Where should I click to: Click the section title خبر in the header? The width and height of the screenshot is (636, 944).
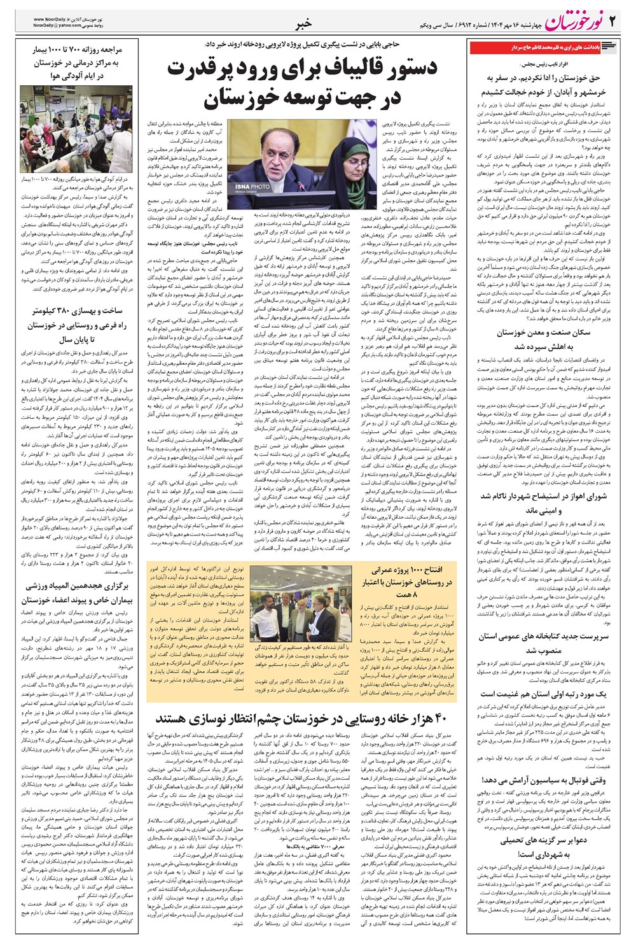(304, 25)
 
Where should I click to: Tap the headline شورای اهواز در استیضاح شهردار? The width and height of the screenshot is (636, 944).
(544, 497)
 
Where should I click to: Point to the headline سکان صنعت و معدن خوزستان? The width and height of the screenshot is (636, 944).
(544, 333)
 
